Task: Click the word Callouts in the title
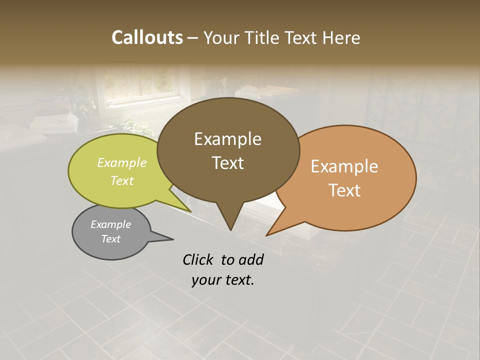tap(147, 37)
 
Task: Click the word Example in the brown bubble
tap(227, 139)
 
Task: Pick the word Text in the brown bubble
tap(227, 163)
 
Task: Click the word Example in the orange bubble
tap(344, 166)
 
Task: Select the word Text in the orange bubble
tap(344, 190)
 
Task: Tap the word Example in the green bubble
tap(122, 163)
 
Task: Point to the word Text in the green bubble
tap(122, 181)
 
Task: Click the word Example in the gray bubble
tap(110, 224)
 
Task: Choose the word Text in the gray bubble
tap(110, 239)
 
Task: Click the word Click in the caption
tap(198, 259)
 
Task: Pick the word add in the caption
tap(251, 259)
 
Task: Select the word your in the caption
tap(205, 280)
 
